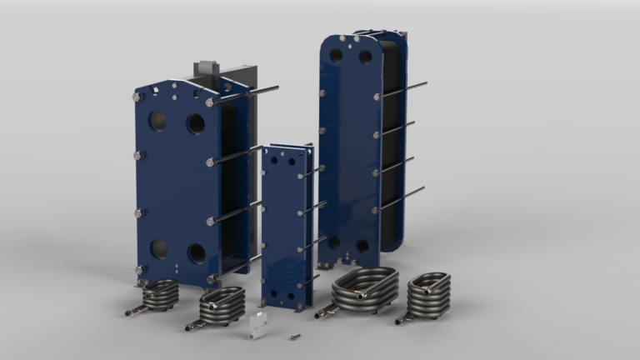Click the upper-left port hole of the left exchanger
[157, 122]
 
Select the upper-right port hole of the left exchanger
[195, 124]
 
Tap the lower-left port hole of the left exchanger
[158, 248]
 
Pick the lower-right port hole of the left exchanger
[197, 253]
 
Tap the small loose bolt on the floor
[294, 337]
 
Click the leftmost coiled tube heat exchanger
[158, 295]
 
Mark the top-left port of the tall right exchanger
[336, 56]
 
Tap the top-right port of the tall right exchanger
[365, 57]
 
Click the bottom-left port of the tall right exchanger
[334, 242]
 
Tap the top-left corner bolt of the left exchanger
[137, 97]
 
